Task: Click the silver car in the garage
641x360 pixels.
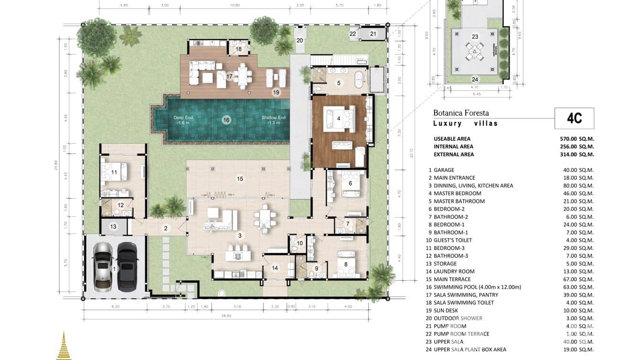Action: pyautogui.click(x=103, y=266)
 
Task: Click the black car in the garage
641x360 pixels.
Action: pyautogui.click(x=128, y=266)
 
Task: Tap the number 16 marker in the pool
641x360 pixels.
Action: pyautogui.click(x=226, y=120)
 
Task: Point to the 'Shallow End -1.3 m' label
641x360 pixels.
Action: pyautogui.click(x=273, y=120)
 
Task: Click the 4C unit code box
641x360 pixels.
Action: pyautogui.click(x=574, y=118)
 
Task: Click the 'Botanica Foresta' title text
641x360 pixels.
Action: pyautogui.click(x=461, y=113)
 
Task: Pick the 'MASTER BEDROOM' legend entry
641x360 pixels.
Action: pyautogui.click(x=457, y=193)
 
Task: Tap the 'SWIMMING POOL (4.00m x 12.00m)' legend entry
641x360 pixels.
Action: pyautogui.click(x=477, y=287)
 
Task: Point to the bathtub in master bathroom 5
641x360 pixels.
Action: pyautogui.click(x=358, y=80)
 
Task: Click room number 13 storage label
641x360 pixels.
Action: pyautogui.click(x=113, y=227)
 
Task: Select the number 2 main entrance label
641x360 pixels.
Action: pyautogui.click(x=166, y=228)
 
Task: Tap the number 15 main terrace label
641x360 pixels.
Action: pyautogui.click(x=240, y=179)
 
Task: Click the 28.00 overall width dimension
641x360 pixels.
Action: pyautogui.click(x=226, y=316)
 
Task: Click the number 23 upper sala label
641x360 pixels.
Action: pyautogui.click(x=475, y=36)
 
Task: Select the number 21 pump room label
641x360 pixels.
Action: pyautogui.click(x=374, y=33)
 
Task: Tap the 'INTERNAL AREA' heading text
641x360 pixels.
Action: pyautogui.click(x=453, y=147)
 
